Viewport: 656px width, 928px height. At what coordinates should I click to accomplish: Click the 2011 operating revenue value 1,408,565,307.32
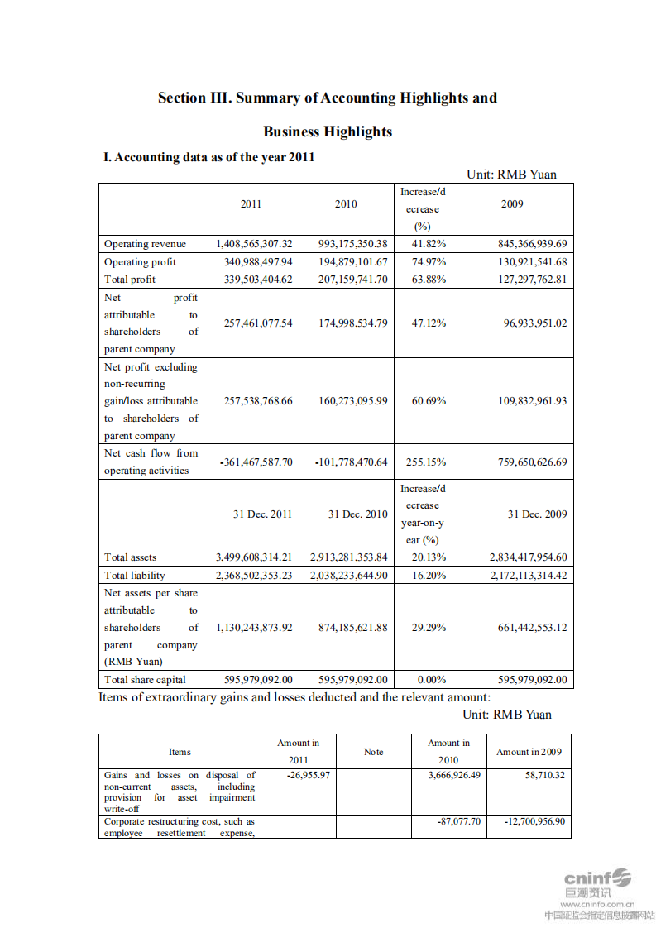click(254, 244)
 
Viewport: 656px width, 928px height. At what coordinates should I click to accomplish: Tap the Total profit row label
click(130, 280)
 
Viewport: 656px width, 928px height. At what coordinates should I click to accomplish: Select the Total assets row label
click(130, 557)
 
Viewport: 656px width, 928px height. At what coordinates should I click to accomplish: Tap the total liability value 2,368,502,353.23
click(254, 576)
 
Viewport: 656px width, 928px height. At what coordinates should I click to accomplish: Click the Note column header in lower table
click(373, 752)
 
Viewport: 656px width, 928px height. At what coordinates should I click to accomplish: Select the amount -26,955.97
click(308, 776)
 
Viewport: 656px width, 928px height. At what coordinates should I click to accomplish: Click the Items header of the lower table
click(180, 752)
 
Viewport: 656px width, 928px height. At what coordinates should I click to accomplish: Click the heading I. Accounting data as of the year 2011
click(208, 157)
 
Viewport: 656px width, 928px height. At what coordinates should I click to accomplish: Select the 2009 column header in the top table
click(512, 204)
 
